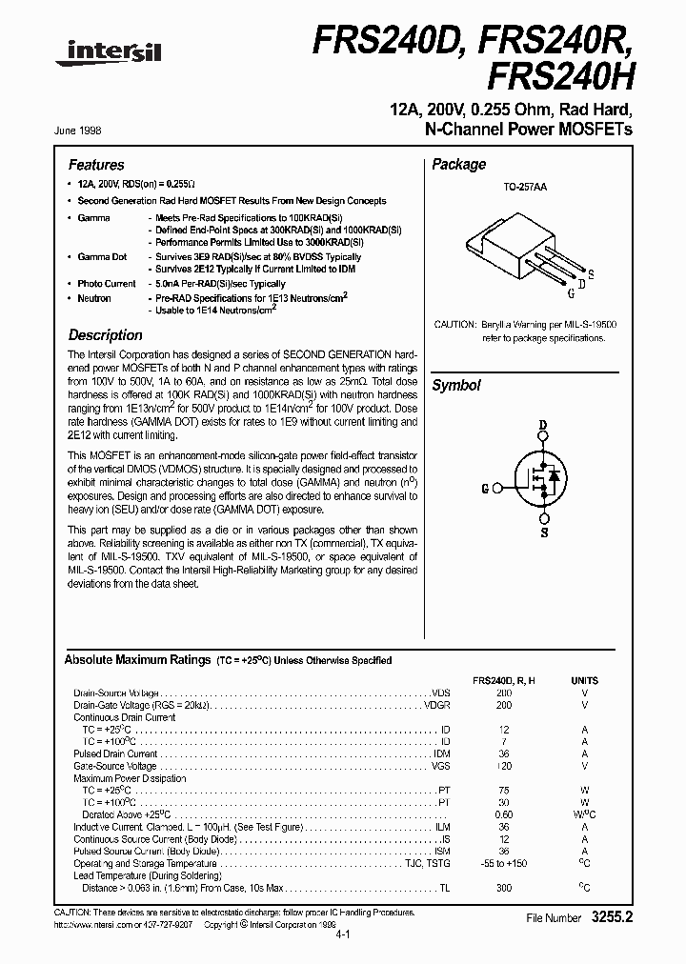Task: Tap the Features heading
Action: [x=96, y=165]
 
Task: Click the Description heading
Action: [x=106, y=335]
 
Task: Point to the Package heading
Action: [x=459, y=165]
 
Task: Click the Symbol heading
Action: [x=456, y=386]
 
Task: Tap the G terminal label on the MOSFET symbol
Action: [x=485, y=489]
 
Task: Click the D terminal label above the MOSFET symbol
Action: [x=543, y=425]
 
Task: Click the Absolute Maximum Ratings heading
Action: [x=137, y=660]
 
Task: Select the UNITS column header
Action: [x=585, y=681]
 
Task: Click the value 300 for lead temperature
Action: [x=504, y=888]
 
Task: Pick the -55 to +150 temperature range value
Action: [x=504, y=863]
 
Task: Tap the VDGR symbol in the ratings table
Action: [x=437, y=705]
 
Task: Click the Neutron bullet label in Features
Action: [x=94, y=298]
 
